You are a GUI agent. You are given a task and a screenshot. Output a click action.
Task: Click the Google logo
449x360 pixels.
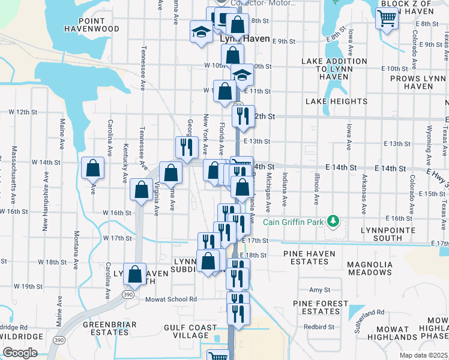point(20,353)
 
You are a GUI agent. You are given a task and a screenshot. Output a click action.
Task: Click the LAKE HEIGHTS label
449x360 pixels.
point(336,101)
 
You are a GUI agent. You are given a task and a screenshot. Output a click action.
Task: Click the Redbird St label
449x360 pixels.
point(319,327)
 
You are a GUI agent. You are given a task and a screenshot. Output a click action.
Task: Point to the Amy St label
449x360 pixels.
point(316,290)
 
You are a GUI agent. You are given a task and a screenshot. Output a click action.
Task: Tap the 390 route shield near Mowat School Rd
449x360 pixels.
point(127,296)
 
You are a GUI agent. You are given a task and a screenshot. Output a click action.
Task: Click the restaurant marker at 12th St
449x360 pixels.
point(243,115)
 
